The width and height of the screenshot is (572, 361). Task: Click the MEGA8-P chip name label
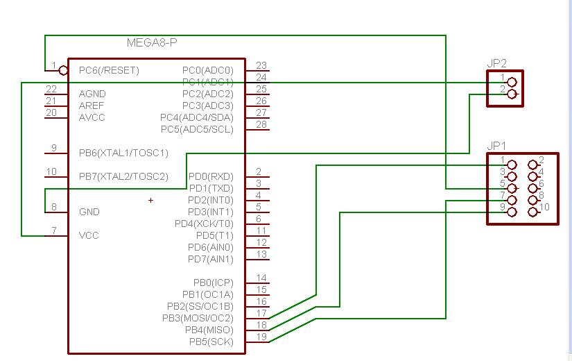click(152, 43)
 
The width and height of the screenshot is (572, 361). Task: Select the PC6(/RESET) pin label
click(109, 70)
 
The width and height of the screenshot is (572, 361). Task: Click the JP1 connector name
click(497, 146)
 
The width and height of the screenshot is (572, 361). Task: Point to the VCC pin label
click(89, 235)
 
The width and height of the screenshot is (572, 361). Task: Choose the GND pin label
click(89, 212)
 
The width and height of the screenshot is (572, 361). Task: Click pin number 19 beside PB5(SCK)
click(261, 337)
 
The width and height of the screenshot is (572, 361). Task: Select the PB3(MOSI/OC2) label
click(198, 318)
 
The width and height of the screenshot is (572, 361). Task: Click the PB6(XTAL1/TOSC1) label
click(123, 153)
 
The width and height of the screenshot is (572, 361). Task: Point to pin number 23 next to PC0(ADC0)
click(261, 66)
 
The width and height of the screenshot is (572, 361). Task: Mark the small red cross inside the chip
click(151, 201)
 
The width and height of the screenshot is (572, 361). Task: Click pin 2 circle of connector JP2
click(512, 94)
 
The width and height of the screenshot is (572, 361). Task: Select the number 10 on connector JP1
click(544, 207)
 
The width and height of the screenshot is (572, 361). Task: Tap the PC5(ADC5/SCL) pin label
click(197, 129)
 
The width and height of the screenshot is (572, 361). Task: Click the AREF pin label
click(92, 106)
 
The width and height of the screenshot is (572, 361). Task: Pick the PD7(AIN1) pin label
click(210, 259)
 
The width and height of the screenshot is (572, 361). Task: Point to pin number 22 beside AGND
click(51, 90)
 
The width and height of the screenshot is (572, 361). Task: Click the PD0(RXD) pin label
click(211, 176)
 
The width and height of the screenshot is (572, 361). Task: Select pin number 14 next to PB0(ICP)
click(261, 278)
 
